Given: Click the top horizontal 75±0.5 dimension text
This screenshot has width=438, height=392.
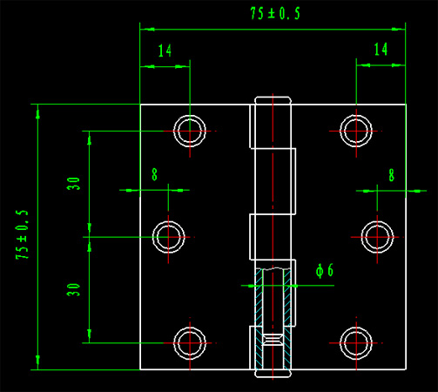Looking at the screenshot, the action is pyautogui.click(x=275, y=14).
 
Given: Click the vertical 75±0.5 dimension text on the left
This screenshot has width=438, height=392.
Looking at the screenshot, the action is pyautogui.click(x=23, y=234).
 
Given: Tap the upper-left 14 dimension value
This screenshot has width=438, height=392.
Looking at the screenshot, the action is pyautogui.click(x=165, y=51).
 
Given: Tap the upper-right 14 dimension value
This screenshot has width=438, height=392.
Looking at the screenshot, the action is pyautogui.click(x=381, y=49).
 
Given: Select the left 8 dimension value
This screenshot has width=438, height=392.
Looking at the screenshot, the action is pyautogui.click(x=154, y=174).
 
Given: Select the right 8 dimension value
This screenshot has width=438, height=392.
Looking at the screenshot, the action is pyautogui.click(x=392, y=175).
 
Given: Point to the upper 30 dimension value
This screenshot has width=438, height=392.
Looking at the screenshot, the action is pyautogui.click(x=73, y=184).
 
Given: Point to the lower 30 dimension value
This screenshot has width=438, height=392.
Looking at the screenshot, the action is pyautogui.click(x=73, y=290).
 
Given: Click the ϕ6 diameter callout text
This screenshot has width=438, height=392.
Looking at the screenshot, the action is pyautogui.click(x=325, y=271).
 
